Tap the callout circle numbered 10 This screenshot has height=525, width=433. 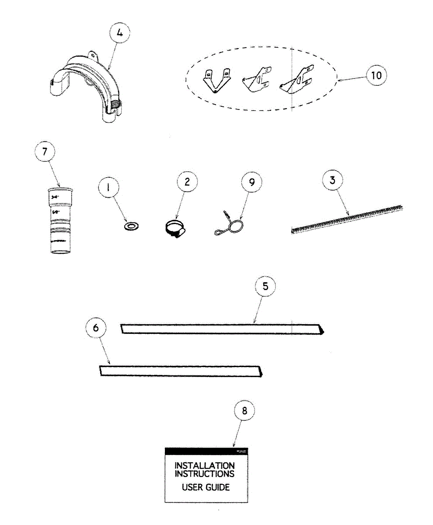click(376, 75)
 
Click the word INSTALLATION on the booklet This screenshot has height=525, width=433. click(204, 466)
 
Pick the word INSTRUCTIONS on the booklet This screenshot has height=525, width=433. click(204, 474)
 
